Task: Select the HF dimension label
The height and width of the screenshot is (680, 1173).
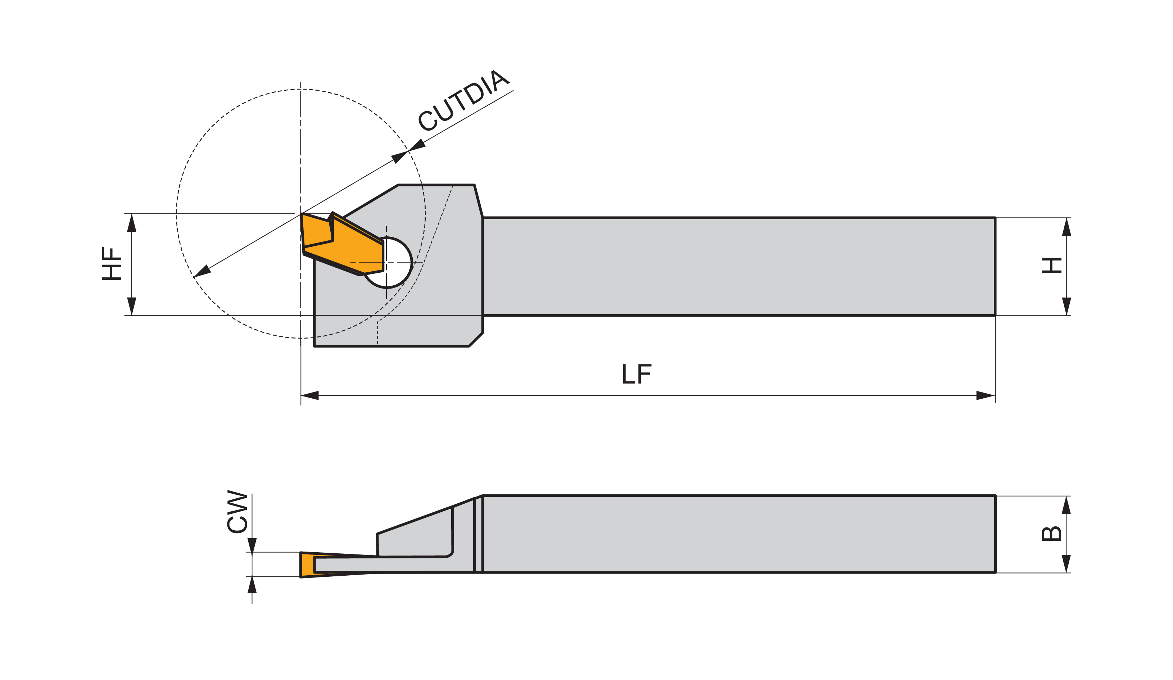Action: tap(112, 263)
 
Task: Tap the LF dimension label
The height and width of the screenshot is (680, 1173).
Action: tap(637, 374)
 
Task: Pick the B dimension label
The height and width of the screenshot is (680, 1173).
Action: tap(1051, 534)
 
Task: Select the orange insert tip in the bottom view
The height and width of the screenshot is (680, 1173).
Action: tap(308, 565)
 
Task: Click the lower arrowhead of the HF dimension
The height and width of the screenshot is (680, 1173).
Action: tap(132, 306)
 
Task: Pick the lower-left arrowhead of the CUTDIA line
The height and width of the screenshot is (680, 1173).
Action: tap(202, 272)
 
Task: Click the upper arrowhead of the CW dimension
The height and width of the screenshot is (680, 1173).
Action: tap(252, 545)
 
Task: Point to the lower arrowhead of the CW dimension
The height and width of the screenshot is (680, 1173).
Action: tap(252, 585)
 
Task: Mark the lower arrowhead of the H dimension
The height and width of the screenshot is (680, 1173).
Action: tap(1066, 306)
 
